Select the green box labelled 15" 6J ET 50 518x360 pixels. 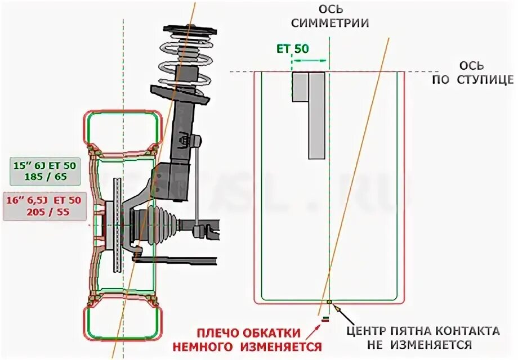[x=46, y=171]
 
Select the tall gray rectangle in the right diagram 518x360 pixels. [x=317, y=115]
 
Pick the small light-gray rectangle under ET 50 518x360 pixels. [x=300, y=87]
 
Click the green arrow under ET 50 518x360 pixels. [x=310, y=60]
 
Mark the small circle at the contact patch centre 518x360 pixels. [x=329, y=303]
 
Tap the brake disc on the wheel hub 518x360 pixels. [x=117, y=225]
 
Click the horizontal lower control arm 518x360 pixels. [x=180, y=259]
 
